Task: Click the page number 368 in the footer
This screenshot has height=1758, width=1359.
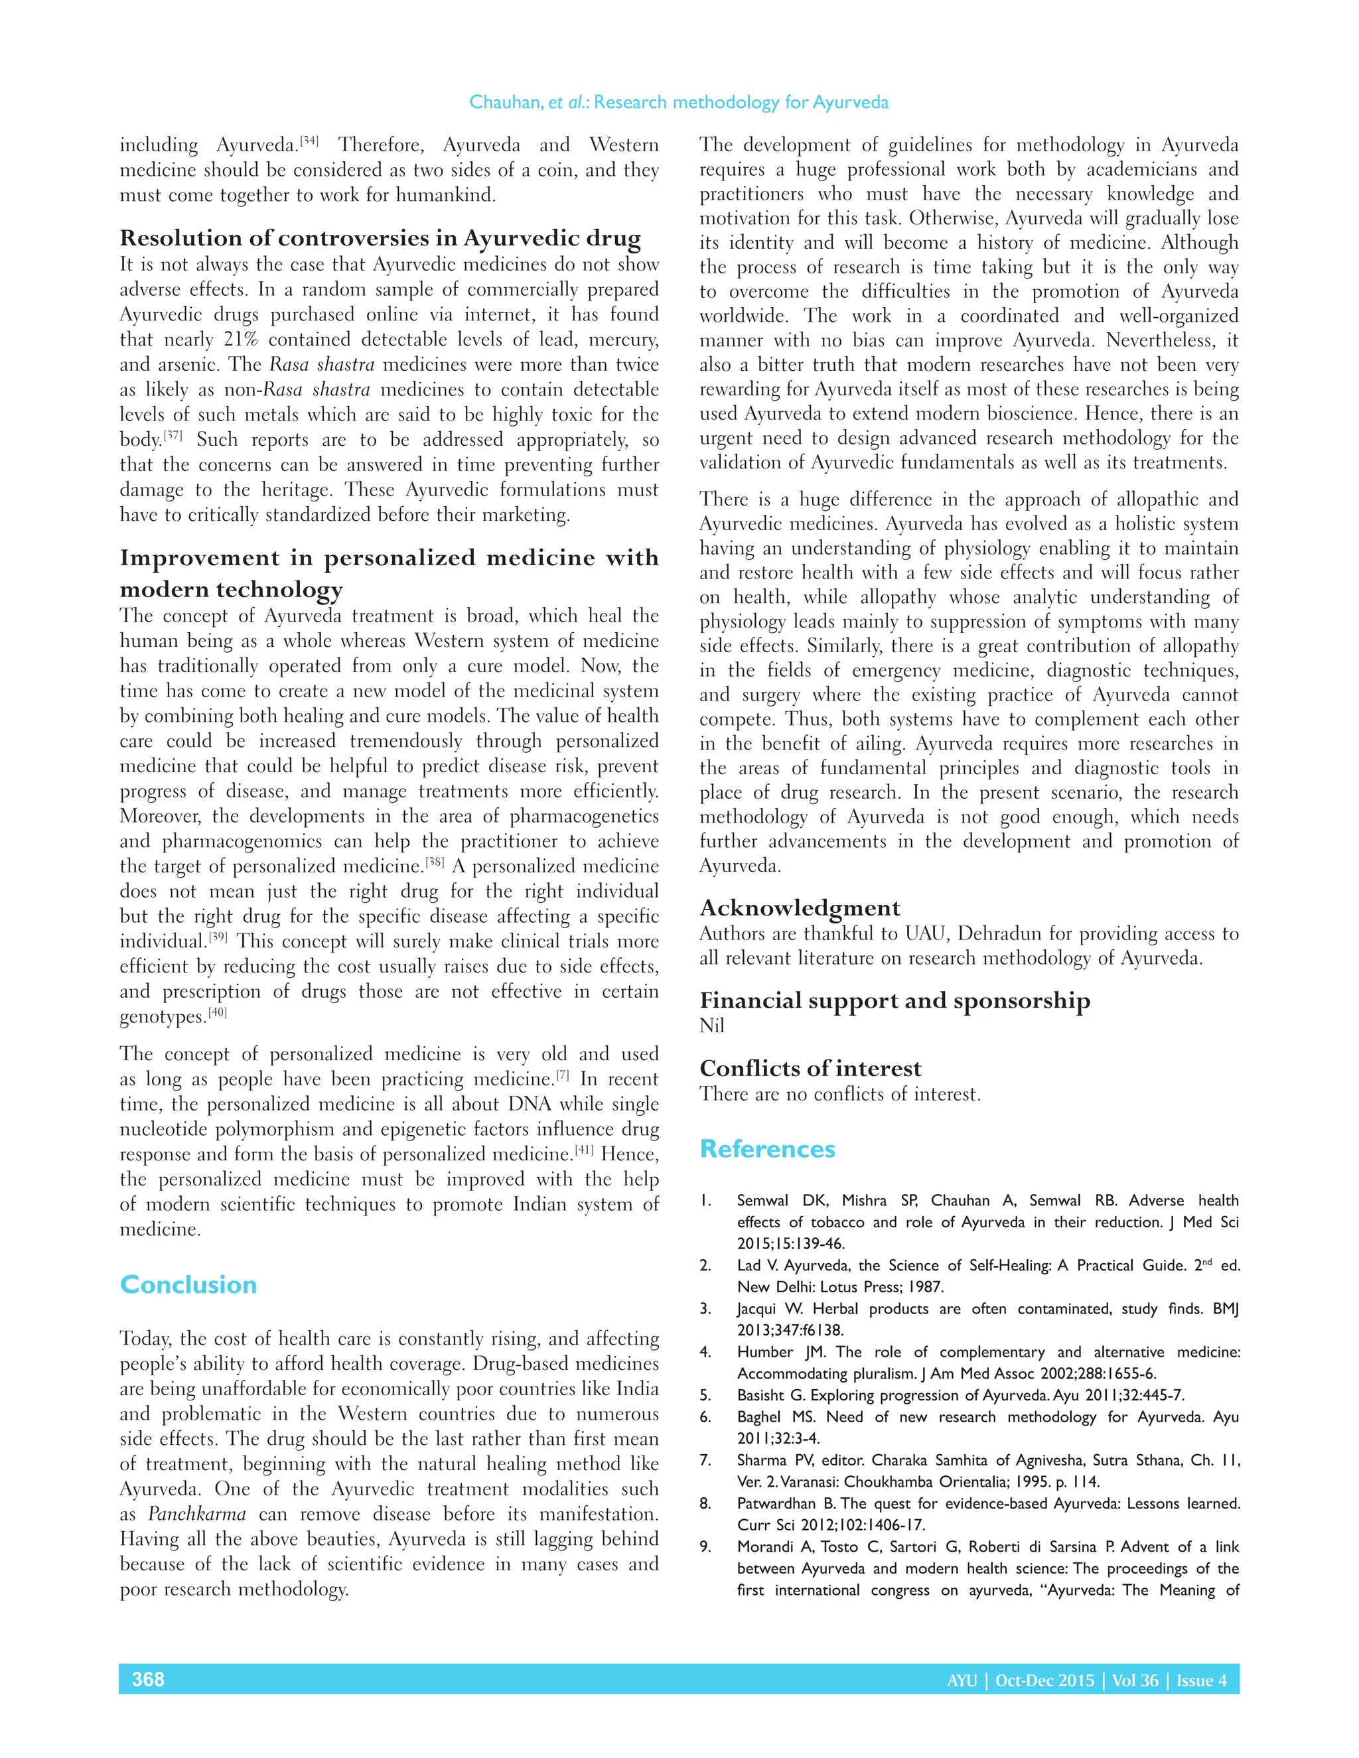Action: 148,1679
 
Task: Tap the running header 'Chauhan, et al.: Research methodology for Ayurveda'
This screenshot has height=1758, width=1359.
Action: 679,102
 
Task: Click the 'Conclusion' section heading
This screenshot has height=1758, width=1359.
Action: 188,1285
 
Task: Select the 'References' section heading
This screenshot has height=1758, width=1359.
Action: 767,1148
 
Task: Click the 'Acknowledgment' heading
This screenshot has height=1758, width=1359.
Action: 800,908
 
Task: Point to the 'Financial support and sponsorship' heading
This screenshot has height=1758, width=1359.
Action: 894,1000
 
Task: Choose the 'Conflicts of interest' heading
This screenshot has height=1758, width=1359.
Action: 810,1068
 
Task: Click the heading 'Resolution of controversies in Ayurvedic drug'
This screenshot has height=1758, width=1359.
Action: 380,238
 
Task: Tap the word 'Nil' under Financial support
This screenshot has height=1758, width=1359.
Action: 712,1026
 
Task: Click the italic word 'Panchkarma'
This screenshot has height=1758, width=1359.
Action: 197,1514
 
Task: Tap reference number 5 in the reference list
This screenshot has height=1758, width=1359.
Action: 705,1396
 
